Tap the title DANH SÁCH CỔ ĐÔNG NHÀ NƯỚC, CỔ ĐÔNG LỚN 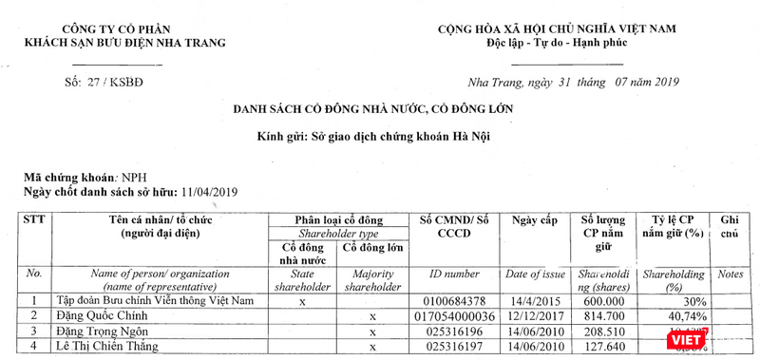coord(373,109)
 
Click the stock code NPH coord(132,178)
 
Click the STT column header coord(34,218)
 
